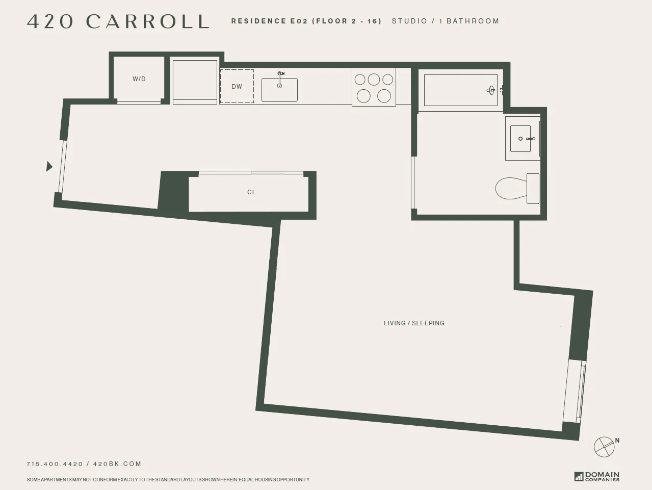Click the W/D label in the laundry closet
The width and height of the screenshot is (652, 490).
(139, 79)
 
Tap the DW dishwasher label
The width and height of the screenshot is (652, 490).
(237, 87)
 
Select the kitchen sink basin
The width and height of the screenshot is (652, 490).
(279, 90)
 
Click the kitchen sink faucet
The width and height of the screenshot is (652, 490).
(280, 75)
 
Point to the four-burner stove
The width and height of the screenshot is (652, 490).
(374, 87)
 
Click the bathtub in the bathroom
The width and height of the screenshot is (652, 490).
(460, 90)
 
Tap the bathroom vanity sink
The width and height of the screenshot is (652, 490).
(523, 138)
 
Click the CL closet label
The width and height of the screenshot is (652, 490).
(251, 192)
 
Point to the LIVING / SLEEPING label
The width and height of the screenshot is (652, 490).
(414, 323)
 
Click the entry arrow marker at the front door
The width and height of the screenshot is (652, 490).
(49, 166)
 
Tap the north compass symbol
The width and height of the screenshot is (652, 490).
(605, 447)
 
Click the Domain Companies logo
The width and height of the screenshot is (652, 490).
(597, 476)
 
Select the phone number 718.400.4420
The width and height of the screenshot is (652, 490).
(55, 464)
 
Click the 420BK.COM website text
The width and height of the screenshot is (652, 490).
(117, 464)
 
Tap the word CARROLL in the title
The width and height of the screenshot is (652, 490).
(147, 21)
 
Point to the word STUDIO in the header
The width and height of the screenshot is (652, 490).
(409, 21)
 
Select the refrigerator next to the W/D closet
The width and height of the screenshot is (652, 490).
(195, 82)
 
